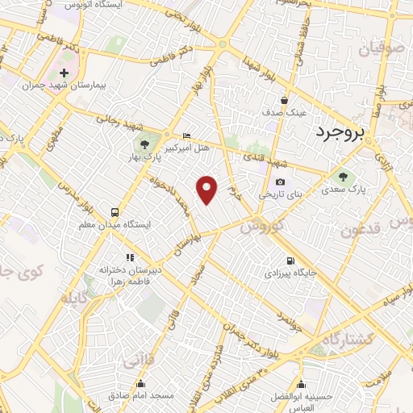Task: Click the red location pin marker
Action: pos(207,189)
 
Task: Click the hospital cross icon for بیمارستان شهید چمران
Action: pos(65,73)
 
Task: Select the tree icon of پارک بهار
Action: pos(144,145)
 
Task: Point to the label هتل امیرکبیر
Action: pos(188,148)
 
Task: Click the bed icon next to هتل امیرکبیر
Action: pos(188,136)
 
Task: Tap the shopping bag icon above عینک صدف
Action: pos(285,101)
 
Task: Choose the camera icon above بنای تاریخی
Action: pos(280,182)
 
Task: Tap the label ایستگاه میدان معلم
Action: pos(114,223)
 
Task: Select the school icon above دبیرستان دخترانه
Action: pos(129,257)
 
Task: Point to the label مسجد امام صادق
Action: pos(142,397)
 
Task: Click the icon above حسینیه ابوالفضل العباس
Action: pos(302,384)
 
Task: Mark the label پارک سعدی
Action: pos(348,191)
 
